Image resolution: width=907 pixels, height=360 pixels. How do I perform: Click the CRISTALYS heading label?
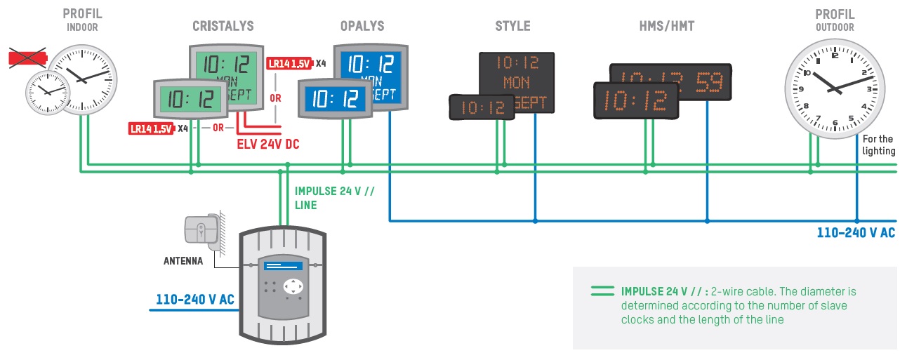[x=223, y=26]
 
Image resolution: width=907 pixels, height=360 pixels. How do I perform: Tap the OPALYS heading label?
[x=362, y=26]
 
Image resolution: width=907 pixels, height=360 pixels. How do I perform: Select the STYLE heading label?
[x=512, y=26]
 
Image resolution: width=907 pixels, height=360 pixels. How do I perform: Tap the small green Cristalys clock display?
[x=189, y=98]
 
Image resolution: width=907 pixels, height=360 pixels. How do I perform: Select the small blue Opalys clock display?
[x=334, y=99]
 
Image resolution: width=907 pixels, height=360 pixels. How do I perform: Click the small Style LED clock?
[x=481, y=107]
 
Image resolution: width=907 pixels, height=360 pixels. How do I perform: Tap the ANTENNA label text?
[x=183, y=261]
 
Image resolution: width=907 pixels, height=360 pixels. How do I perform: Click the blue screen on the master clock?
[x=284, y=266]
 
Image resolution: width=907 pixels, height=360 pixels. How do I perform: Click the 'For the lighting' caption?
[x=878, y=145]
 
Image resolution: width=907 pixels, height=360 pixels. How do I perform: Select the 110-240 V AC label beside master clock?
[x=194, y=300]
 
